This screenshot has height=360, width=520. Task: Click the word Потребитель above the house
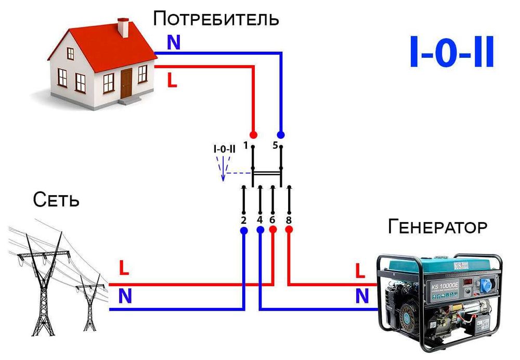click(x=216, y=19)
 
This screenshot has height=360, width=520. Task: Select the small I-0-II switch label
click(x=224, y=149)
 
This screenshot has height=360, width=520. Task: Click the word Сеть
click(x=56, y=200)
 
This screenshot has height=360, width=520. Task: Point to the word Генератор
click(x=438, y=227)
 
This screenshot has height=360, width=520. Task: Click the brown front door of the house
click(x=126, y=83)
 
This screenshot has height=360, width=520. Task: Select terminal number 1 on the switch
click(x=245, y=145)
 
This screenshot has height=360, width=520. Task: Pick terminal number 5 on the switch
click(x=275, y=145)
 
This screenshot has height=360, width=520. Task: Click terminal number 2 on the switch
click(x=243, y=220)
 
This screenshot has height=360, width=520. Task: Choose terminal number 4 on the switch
click(x=259, y=220)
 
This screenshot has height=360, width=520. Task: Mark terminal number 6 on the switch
click(x=272, y=220)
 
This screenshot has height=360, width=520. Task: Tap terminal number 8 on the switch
click(x=289, y=220)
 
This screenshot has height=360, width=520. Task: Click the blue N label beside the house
click(x=173, y=43)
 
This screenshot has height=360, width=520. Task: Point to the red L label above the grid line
click(x=124, y=269)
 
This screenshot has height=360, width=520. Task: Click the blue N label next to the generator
click(x=362, y=296)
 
